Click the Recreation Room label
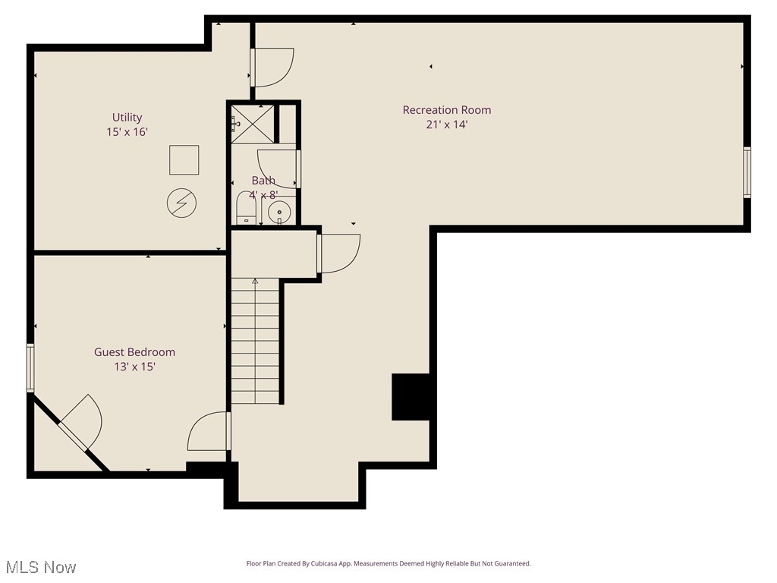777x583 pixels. [x=446, y=110]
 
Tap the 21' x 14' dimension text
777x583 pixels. [x=446, y=124]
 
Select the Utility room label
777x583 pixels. [x=127, y=118]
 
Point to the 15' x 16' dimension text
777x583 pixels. [x=127, y=132]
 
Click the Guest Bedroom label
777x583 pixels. [x=134, y=352]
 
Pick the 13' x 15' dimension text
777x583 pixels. [x=134, y=367]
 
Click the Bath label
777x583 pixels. [x=263, y=181]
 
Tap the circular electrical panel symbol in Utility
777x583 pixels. [x=181, y=203]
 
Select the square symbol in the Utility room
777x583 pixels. [x=184, y=160]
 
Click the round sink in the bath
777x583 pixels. [x=280, y=211]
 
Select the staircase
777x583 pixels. [x=256, y=342]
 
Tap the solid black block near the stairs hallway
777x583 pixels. [x=411, y=396]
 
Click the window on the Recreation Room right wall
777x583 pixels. [x=747, y=172]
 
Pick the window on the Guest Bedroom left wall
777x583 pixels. [x=31, y=367]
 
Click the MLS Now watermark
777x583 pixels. [x=41, y=567]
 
